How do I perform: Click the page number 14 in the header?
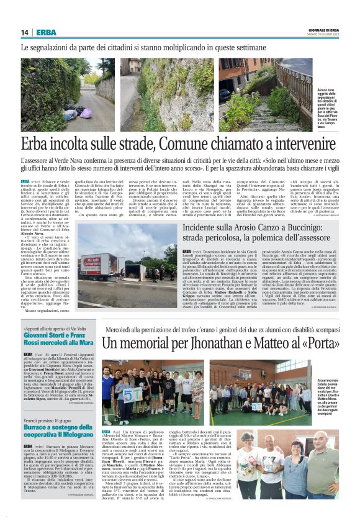tap(24, 32)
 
